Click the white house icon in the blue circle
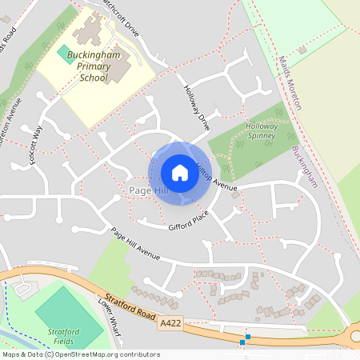180,172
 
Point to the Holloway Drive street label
196,108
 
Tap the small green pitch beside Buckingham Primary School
63,52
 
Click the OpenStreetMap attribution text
81,354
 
